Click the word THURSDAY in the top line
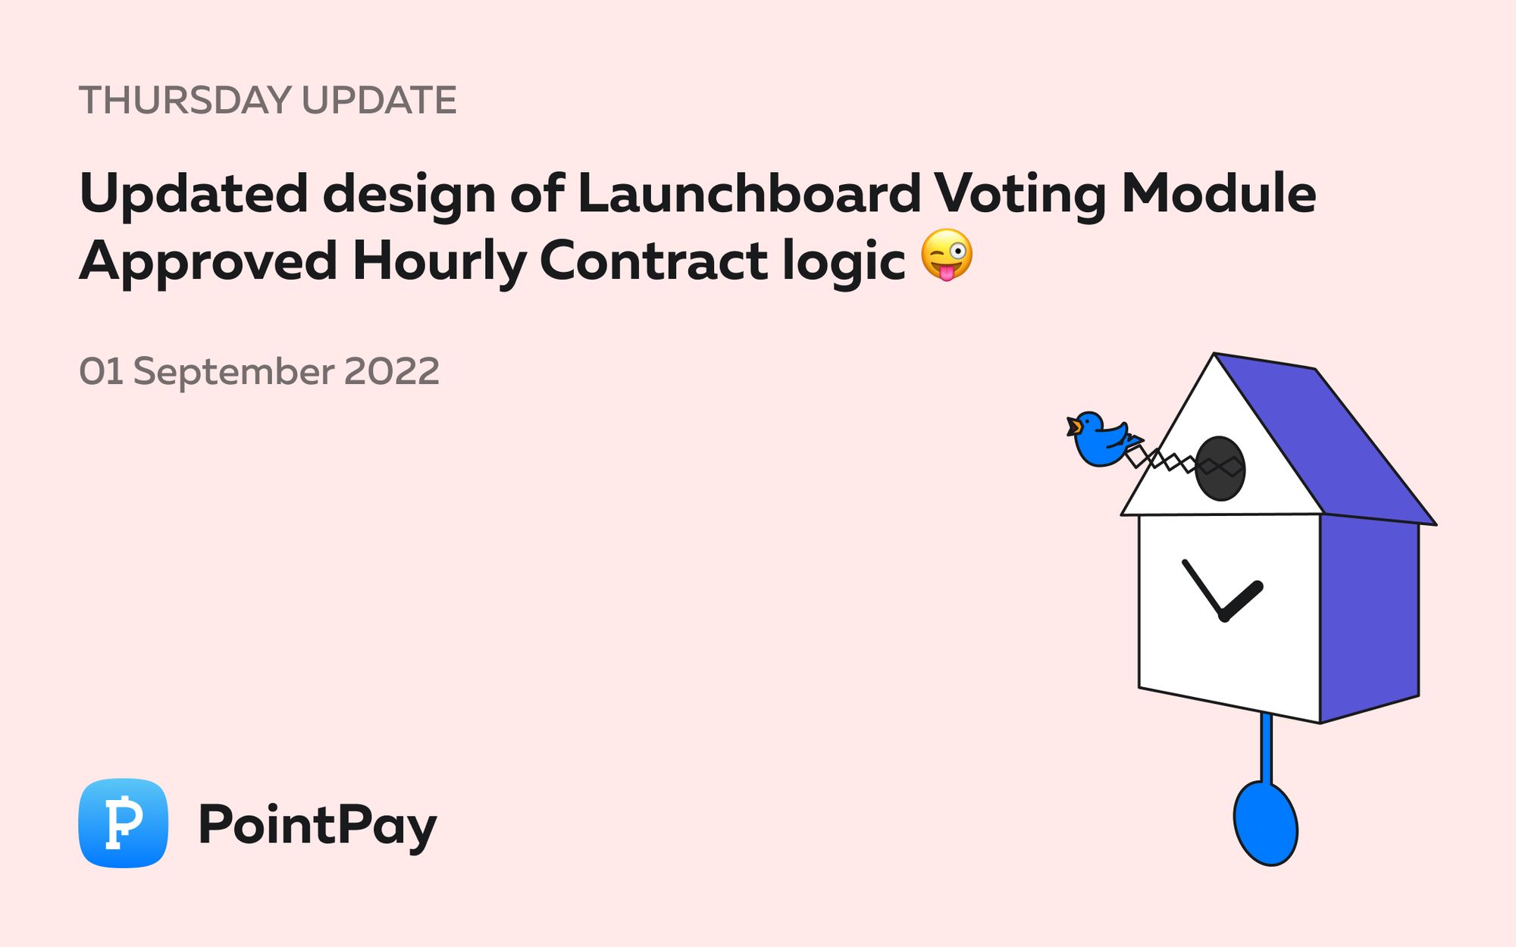click(x=185, y=100)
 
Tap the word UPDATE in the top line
click(x=379, y=100)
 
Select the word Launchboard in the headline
click(x=749, y=193)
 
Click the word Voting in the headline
click(x=1020, y=195)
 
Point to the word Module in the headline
click(x=1219, y=193)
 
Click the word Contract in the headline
click(x=653, y=260)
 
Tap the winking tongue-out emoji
click(x=947, y=255)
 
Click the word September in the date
click(x=233, y=372)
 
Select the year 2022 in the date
click(x=392, y=371)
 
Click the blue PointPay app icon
click(x=123, y=823)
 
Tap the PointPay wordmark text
click(x=318, y=825)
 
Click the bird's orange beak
click(x=1073, y=427)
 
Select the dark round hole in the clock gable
click(x=1220, y=468)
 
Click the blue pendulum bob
click(x=1265, y=824)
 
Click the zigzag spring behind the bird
click(x=1164, y=459)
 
